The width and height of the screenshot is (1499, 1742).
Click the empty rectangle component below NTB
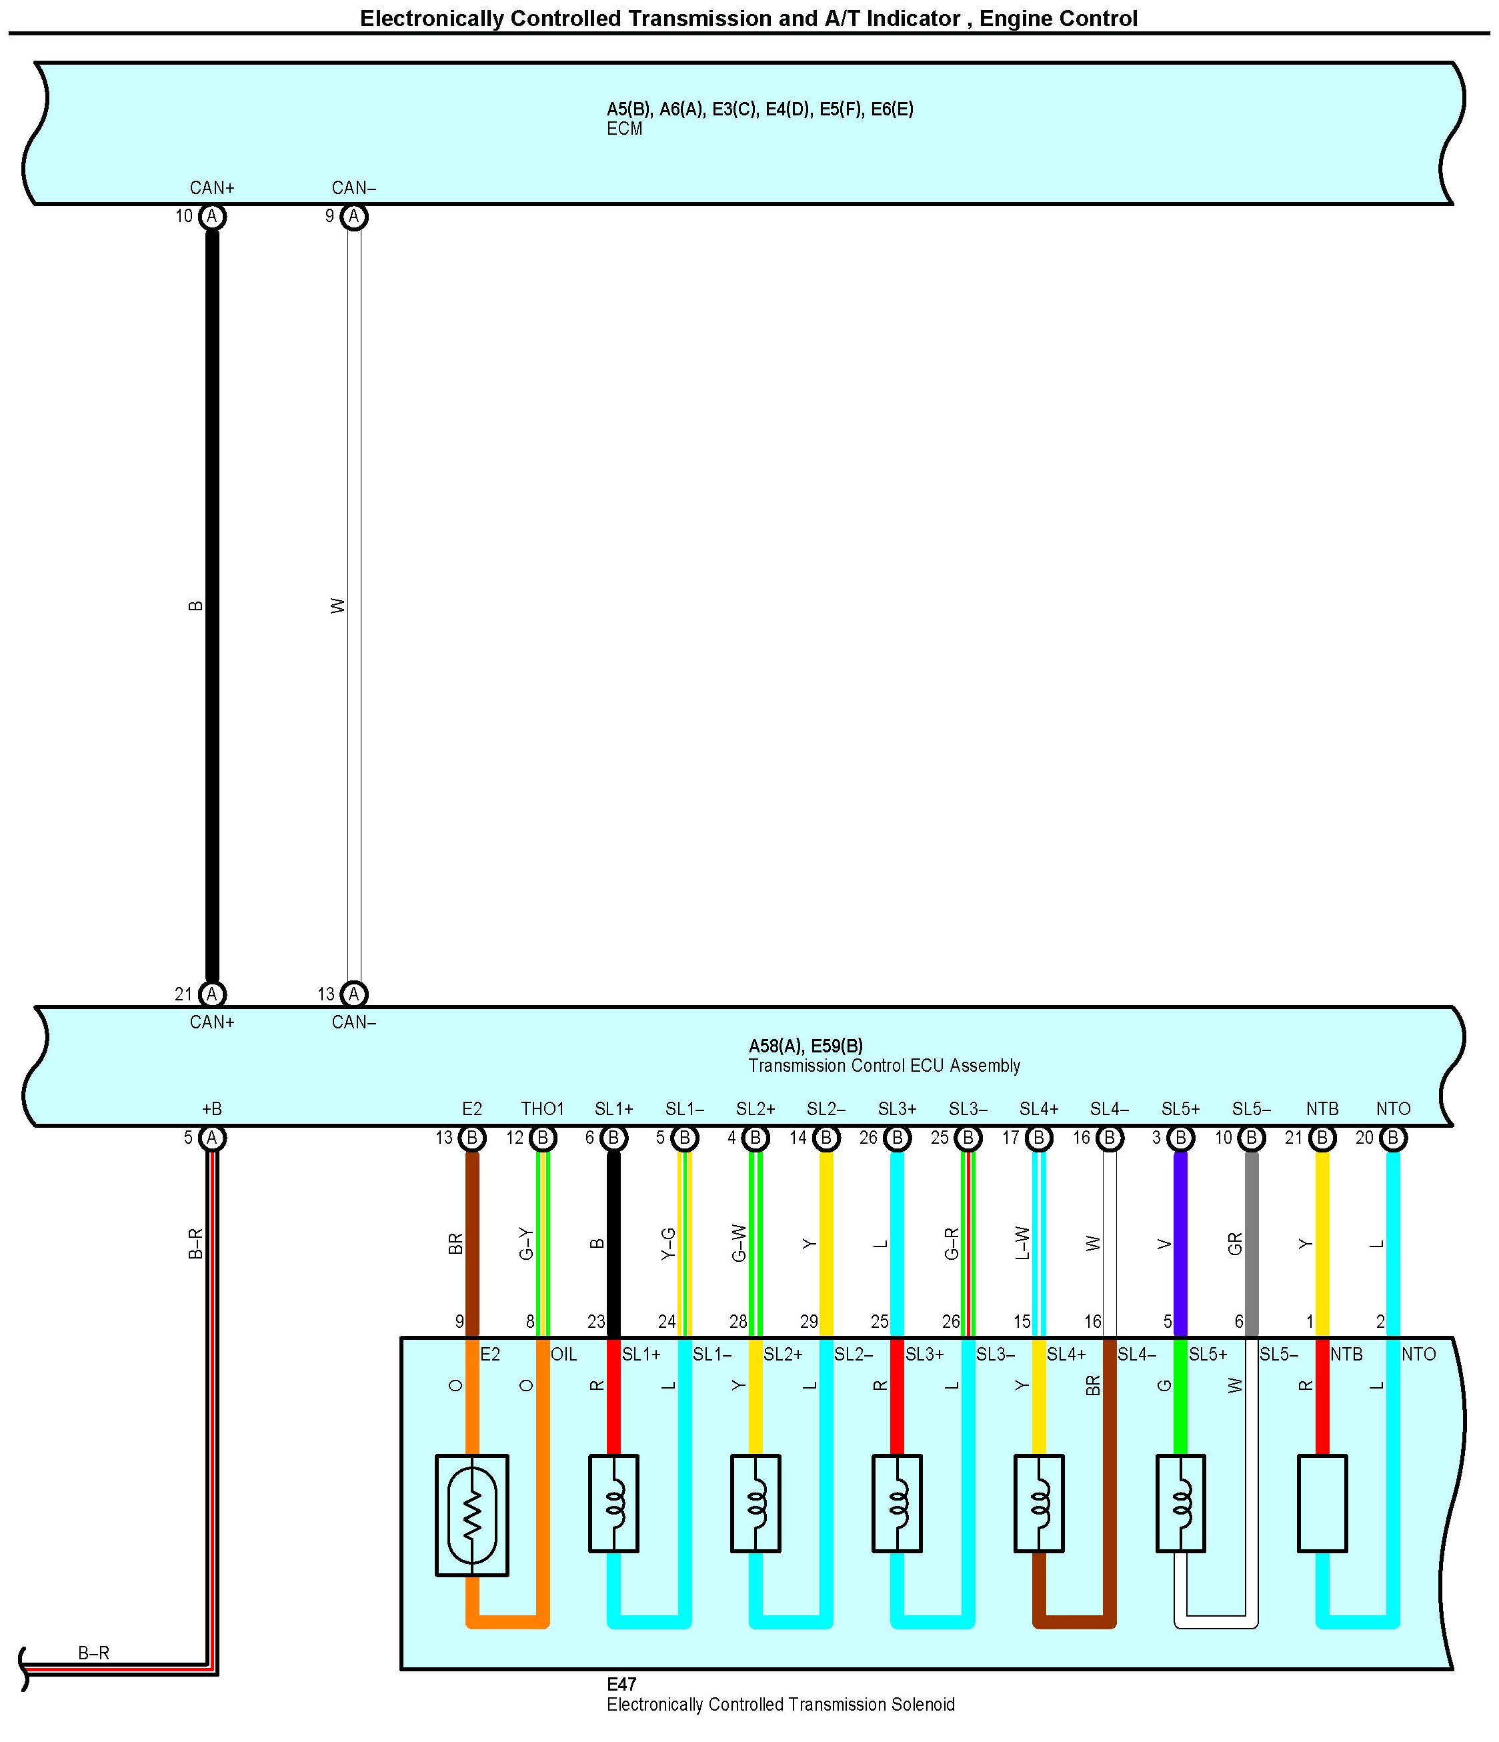coord(1322,1503)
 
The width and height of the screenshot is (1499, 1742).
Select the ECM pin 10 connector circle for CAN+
coord(212,217)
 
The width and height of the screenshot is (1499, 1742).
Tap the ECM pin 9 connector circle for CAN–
coord(354,217)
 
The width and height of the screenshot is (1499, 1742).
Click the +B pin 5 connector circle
coord(212,1138)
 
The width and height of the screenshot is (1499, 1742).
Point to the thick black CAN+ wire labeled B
coord(212,606)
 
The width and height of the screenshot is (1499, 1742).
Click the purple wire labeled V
coord(1180,1244)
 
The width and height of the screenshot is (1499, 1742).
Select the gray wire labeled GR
coord(1251,1244)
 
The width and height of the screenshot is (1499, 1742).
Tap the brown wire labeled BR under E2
coord(471,1244)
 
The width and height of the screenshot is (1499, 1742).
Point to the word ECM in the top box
coord(624,129)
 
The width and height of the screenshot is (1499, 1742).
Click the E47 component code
coord(621,1684)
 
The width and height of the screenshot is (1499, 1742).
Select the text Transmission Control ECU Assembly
coord(884,1066)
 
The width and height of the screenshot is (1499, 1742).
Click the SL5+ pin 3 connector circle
coord(1180,1138)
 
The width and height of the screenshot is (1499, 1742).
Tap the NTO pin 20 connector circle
coord(1392,1138)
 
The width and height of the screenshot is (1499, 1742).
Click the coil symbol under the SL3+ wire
coord(897,1503)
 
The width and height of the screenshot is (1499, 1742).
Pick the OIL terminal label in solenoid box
coord(563,1355)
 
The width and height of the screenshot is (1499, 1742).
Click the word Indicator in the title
coord(913,19)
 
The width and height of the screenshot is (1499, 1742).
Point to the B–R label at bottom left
coord(93,1653)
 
